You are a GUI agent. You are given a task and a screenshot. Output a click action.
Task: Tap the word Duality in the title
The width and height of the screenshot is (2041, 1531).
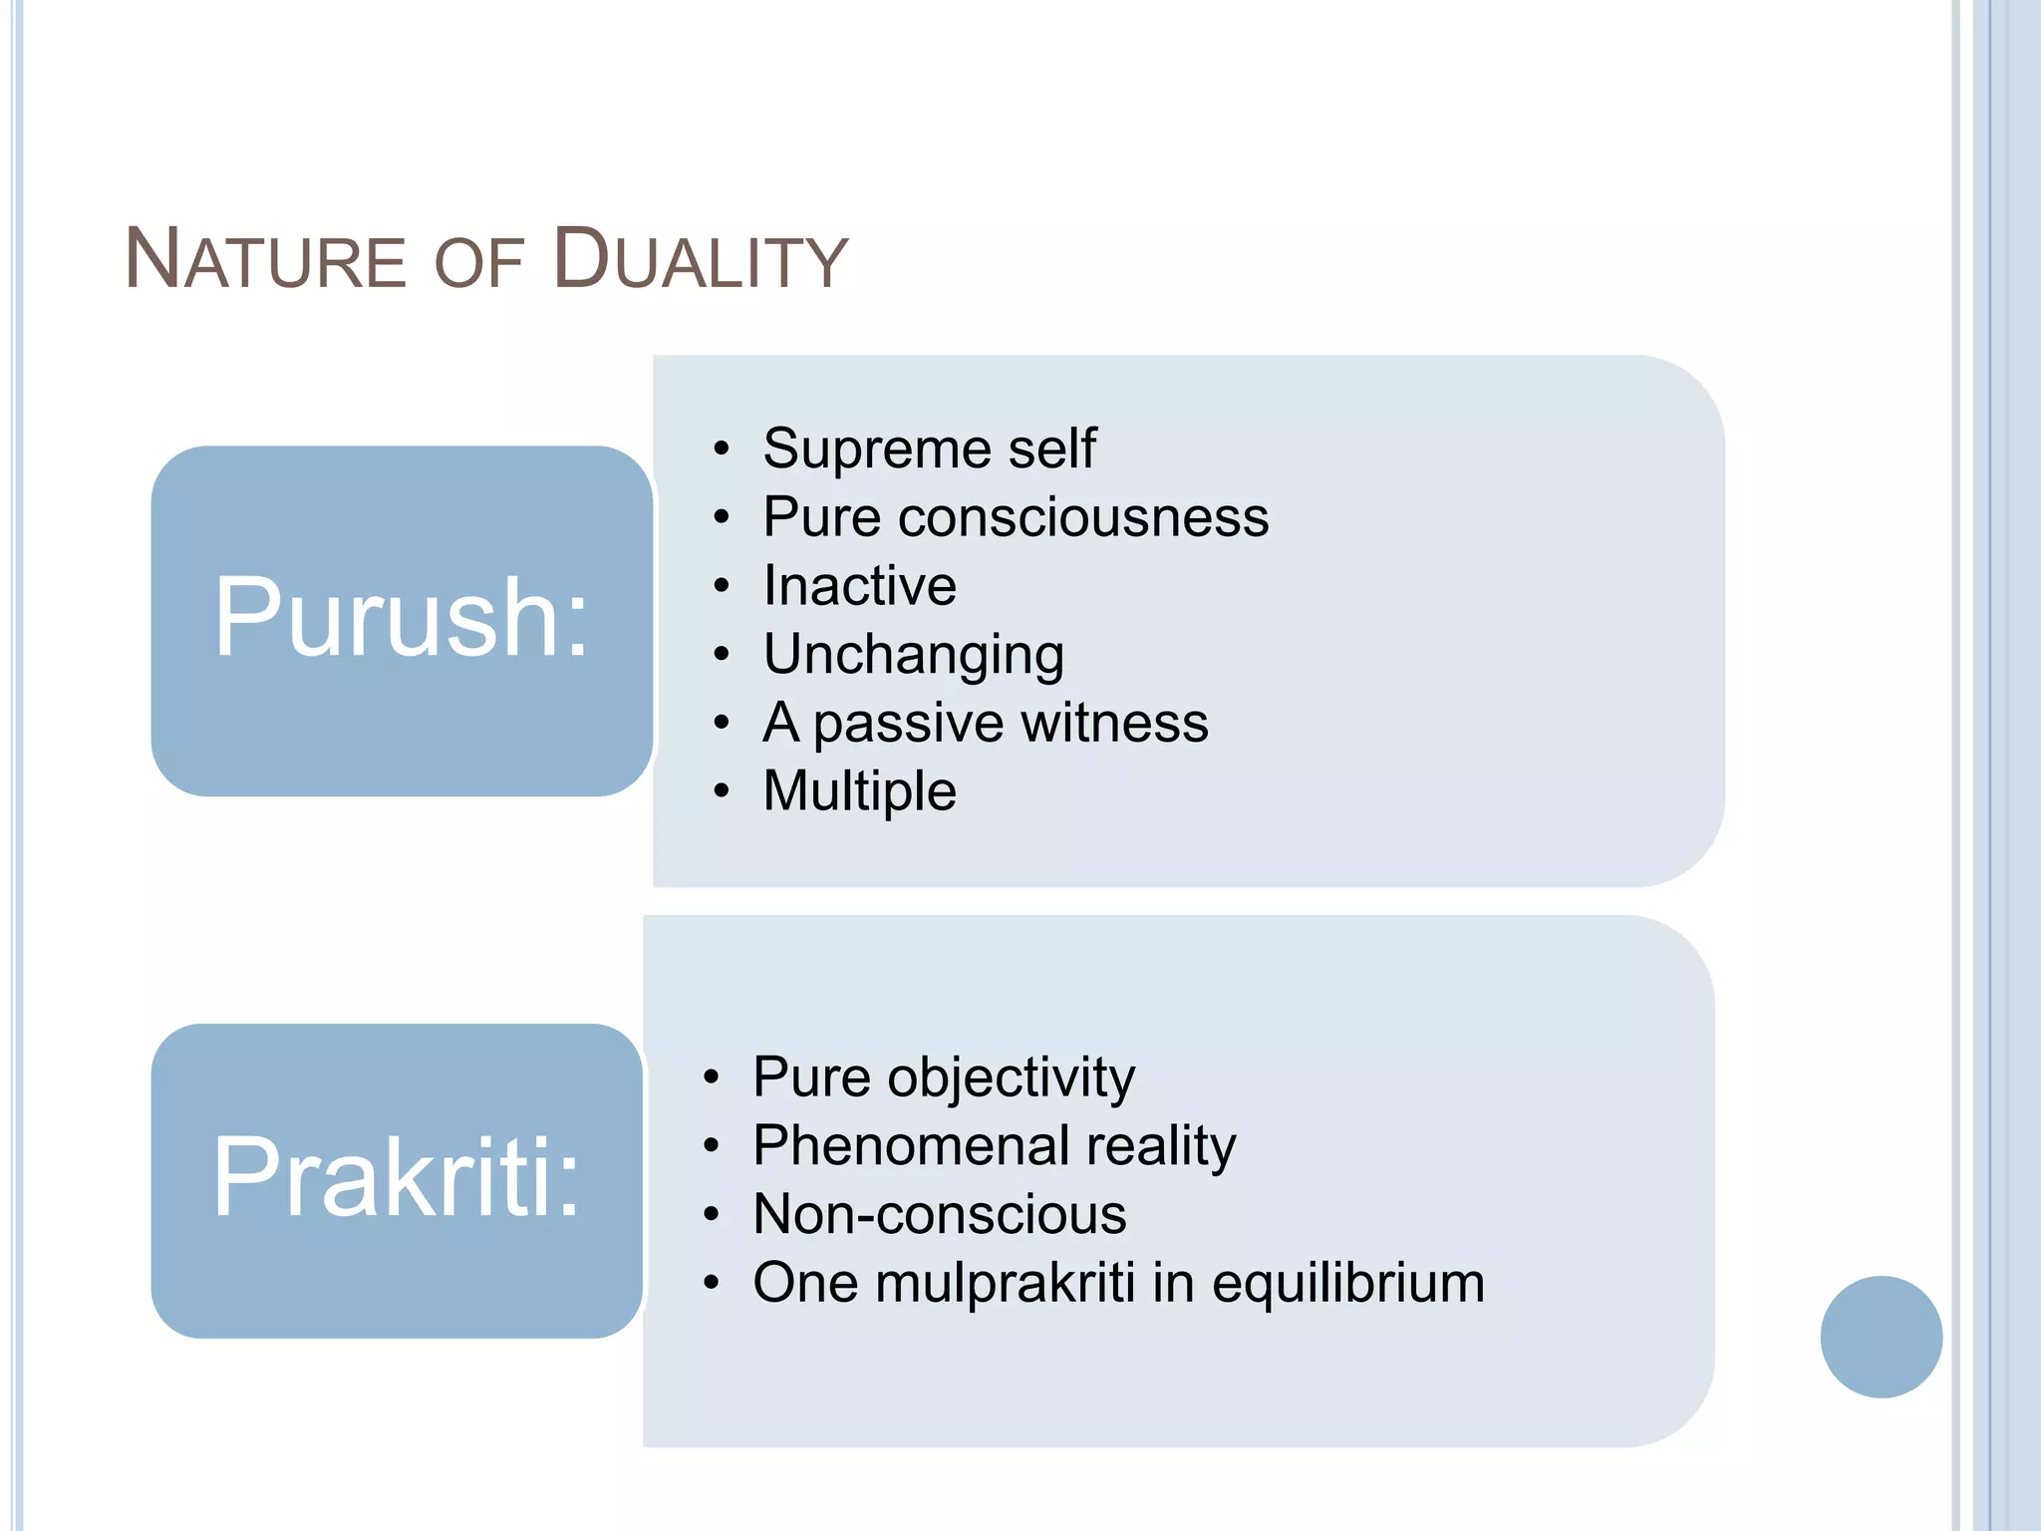point(700,261)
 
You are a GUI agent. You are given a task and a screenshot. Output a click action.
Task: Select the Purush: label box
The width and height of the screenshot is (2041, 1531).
point(402,620)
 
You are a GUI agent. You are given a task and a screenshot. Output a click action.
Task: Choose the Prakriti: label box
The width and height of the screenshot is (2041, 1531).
point(397,1179)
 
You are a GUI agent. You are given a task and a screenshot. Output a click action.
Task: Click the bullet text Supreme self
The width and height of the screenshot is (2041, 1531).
point(929,449)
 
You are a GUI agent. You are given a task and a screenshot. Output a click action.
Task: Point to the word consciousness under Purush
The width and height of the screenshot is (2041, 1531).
point(1083,517)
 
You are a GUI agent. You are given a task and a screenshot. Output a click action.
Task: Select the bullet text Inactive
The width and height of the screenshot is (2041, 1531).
point(859,585)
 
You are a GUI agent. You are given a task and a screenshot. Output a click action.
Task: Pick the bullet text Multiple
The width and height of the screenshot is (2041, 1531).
point(859,791)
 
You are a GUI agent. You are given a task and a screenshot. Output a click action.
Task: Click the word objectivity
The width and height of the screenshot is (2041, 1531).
point(1011,1078)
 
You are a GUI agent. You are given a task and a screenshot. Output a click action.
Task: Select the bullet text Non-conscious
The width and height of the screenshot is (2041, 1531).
point(939,1215)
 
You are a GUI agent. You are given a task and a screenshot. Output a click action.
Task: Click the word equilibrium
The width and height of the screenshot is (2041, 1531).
point(1347,1284)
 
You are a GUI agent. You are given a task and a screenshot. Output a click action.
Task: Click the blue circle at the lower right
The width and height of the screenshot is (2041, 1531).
point(1881,1337)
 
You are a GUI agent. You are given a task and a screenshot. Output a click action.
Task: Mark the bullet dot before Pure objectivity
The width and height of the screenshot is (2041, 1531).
point(711,1077)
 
